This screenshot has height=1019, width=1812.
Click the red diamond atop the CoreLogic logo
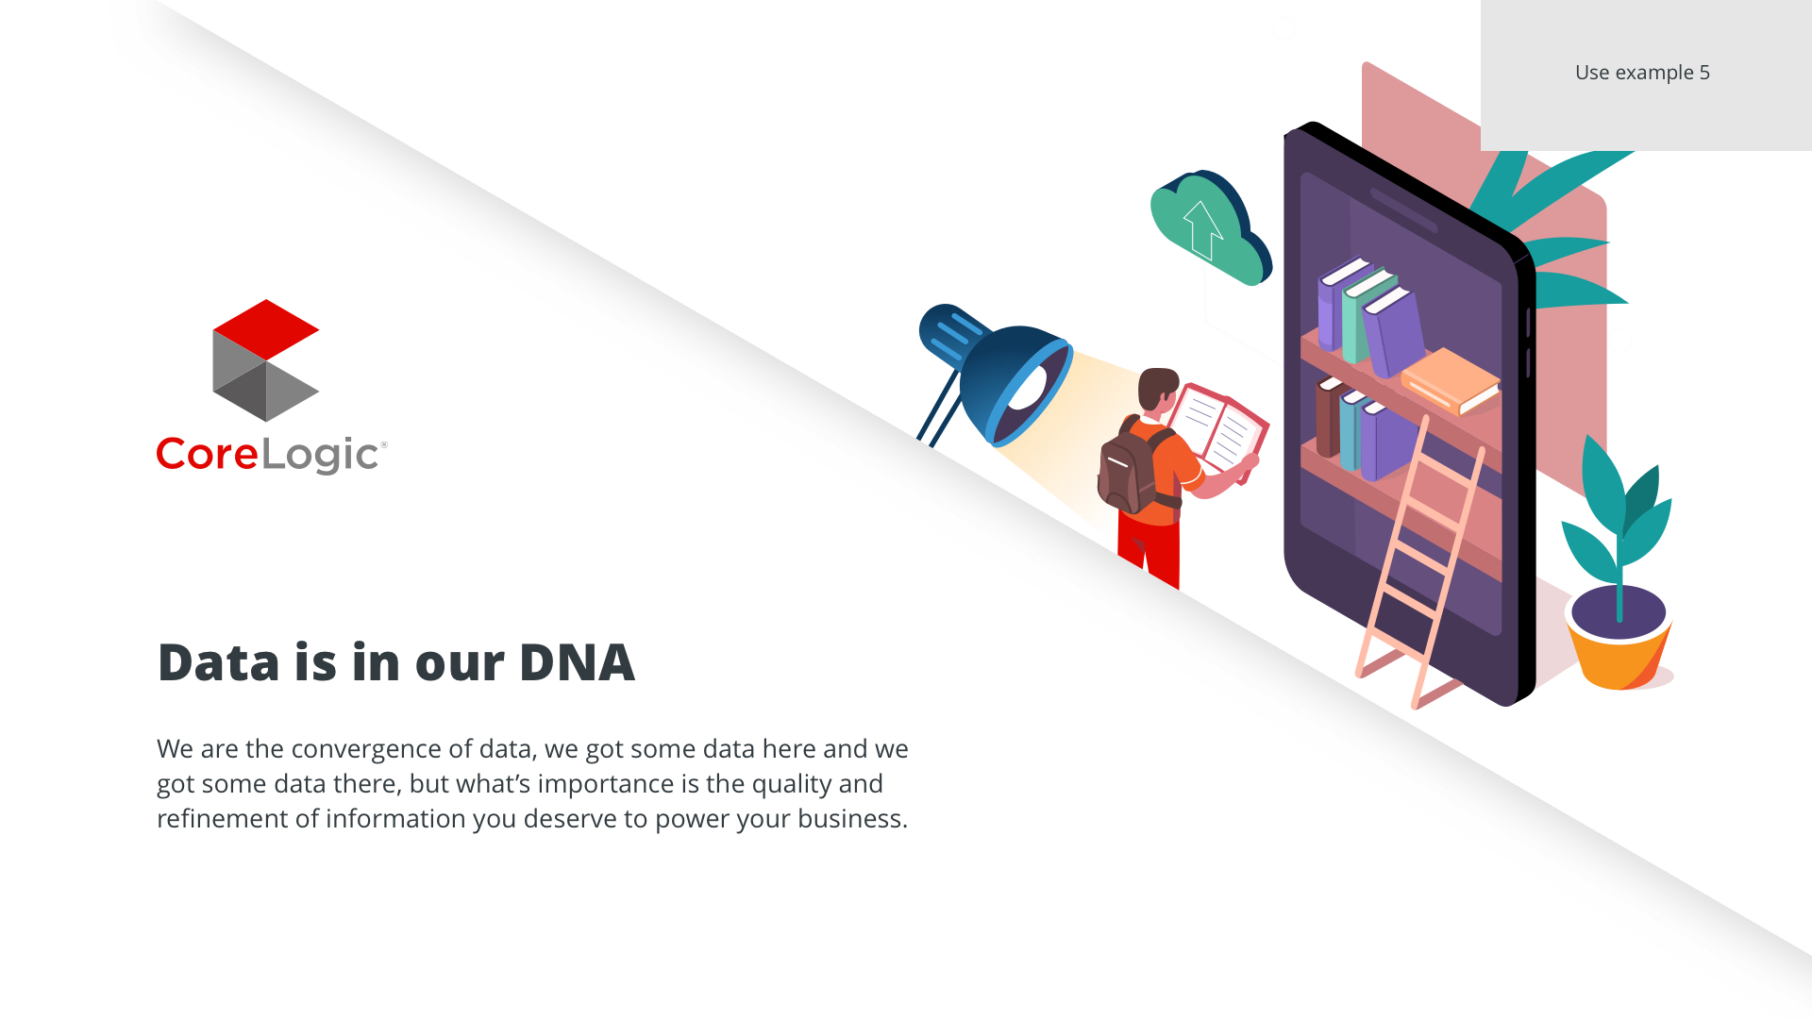click(266, 329)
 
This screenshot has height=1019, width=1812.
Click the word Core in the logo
click(207, 454)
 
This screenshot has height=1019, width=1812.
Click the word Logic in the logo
click(320, 456)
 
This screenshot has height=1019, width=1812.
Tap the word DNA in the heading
click(577, 662)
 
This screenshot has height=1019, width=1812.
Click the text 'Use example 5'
click(1642, 73)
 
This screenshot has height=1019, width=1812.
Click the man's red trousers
click(1149, 550)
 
